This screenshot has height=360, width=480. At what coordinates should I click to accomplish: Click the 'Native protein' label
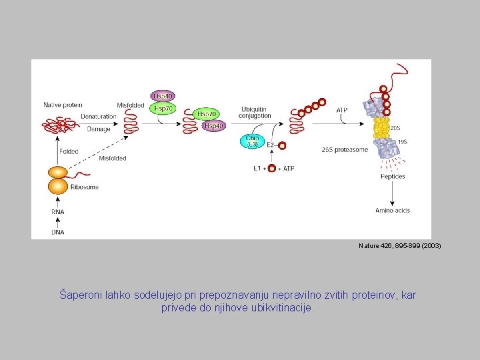click(63, 105)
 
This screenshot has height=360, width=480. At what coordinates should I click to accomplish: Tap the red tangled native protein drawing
click(59, 125)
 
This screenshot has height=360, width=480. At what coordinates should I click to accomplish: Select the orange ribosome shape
click(57, 180)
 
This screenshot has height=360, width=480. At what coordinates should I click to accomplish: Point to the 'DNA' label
click(58, 232)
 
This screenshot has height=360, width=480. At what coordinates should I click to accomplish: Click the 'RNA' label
click(58, 212)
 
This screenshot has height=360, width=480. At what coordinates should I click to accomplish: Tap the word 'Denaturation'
click(98, 116)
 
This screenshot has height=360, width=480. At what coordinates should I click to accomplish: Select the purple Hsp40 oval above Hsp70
click(163, 96)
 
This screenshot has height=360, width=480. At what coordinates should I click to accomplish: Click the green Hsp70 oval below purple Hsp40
click(163, 107)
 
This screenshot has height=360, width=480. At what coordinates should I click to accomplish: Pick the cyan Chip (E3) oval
click(253, 141)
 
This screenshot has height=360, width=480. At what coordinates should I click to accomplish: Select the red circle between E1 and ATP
click(271, 168)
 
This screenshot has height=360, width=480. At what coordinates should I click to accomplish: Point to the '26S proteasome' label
click(344, 150)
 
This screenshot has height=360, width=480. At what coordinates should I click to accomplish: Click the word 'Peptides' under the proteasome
click(393, 177)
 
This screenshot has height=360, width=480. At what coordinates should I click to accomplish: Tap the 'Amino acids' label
click(393, 211)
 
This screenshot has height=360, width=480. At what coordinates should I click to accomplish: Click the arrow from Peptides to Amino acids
click(392, 193)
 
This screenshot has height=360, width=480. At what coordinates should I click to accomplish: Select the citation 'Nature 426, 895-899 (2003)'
click(399, 246)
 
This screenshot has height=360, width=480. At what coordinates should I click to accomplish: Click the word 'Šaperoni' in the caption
click(79, 294)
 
